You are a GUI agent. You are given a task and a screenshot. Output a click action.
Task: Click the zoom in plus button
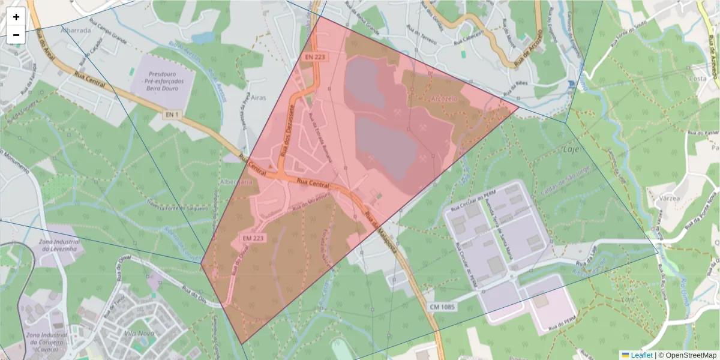(x=16, y=17)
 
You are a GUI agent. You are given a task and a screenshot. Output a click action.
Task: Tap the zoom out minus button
(x=16, y=35)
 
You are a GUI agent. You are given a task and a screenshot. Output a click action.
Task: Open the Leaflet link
(x=641, y=355)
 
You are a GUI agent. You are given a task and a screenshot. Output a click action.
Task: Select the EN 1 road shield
(x=172, y=114)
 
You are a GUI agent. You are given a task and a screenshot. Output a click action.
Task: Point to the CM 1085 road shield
(x=443, y=307)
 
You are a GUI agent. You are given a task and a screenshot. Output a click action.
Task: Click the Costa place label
(x=697, y=79)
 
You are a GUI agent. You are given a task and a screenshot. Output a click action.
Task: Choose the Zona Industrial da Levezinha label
(x=59, y=245)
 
